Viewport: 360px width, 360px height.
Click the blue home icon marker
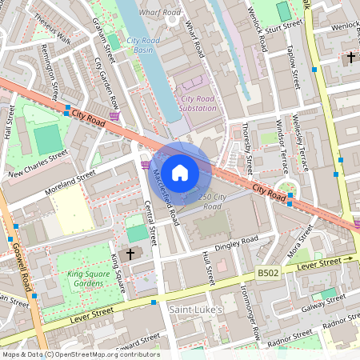click(180, 172)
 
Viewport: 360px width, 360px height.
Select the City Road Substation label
click(194, 103)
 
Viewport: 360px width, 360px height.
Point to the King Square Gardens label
click(86, 278)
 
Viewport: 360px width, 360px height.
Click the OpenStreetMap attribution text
click(80, 354)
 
